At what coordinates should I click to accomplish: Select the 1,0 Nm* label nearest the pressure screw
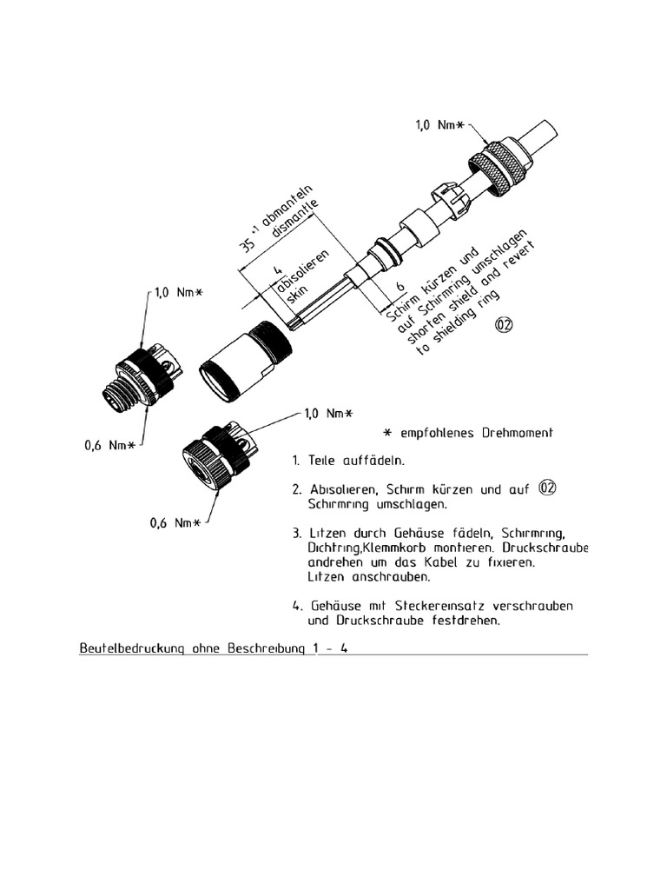pyautogui.click(x=437, y=127)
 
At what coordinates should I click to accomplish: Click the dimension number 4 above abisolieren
pyautogui.click(x=275, y=270)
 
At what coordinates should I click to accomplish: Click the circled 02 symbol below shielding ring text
pyautogui.click(x=505, y=326)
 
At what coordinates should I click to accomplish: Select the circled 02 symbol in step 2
pyautogui.click(x=546, y=489)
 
